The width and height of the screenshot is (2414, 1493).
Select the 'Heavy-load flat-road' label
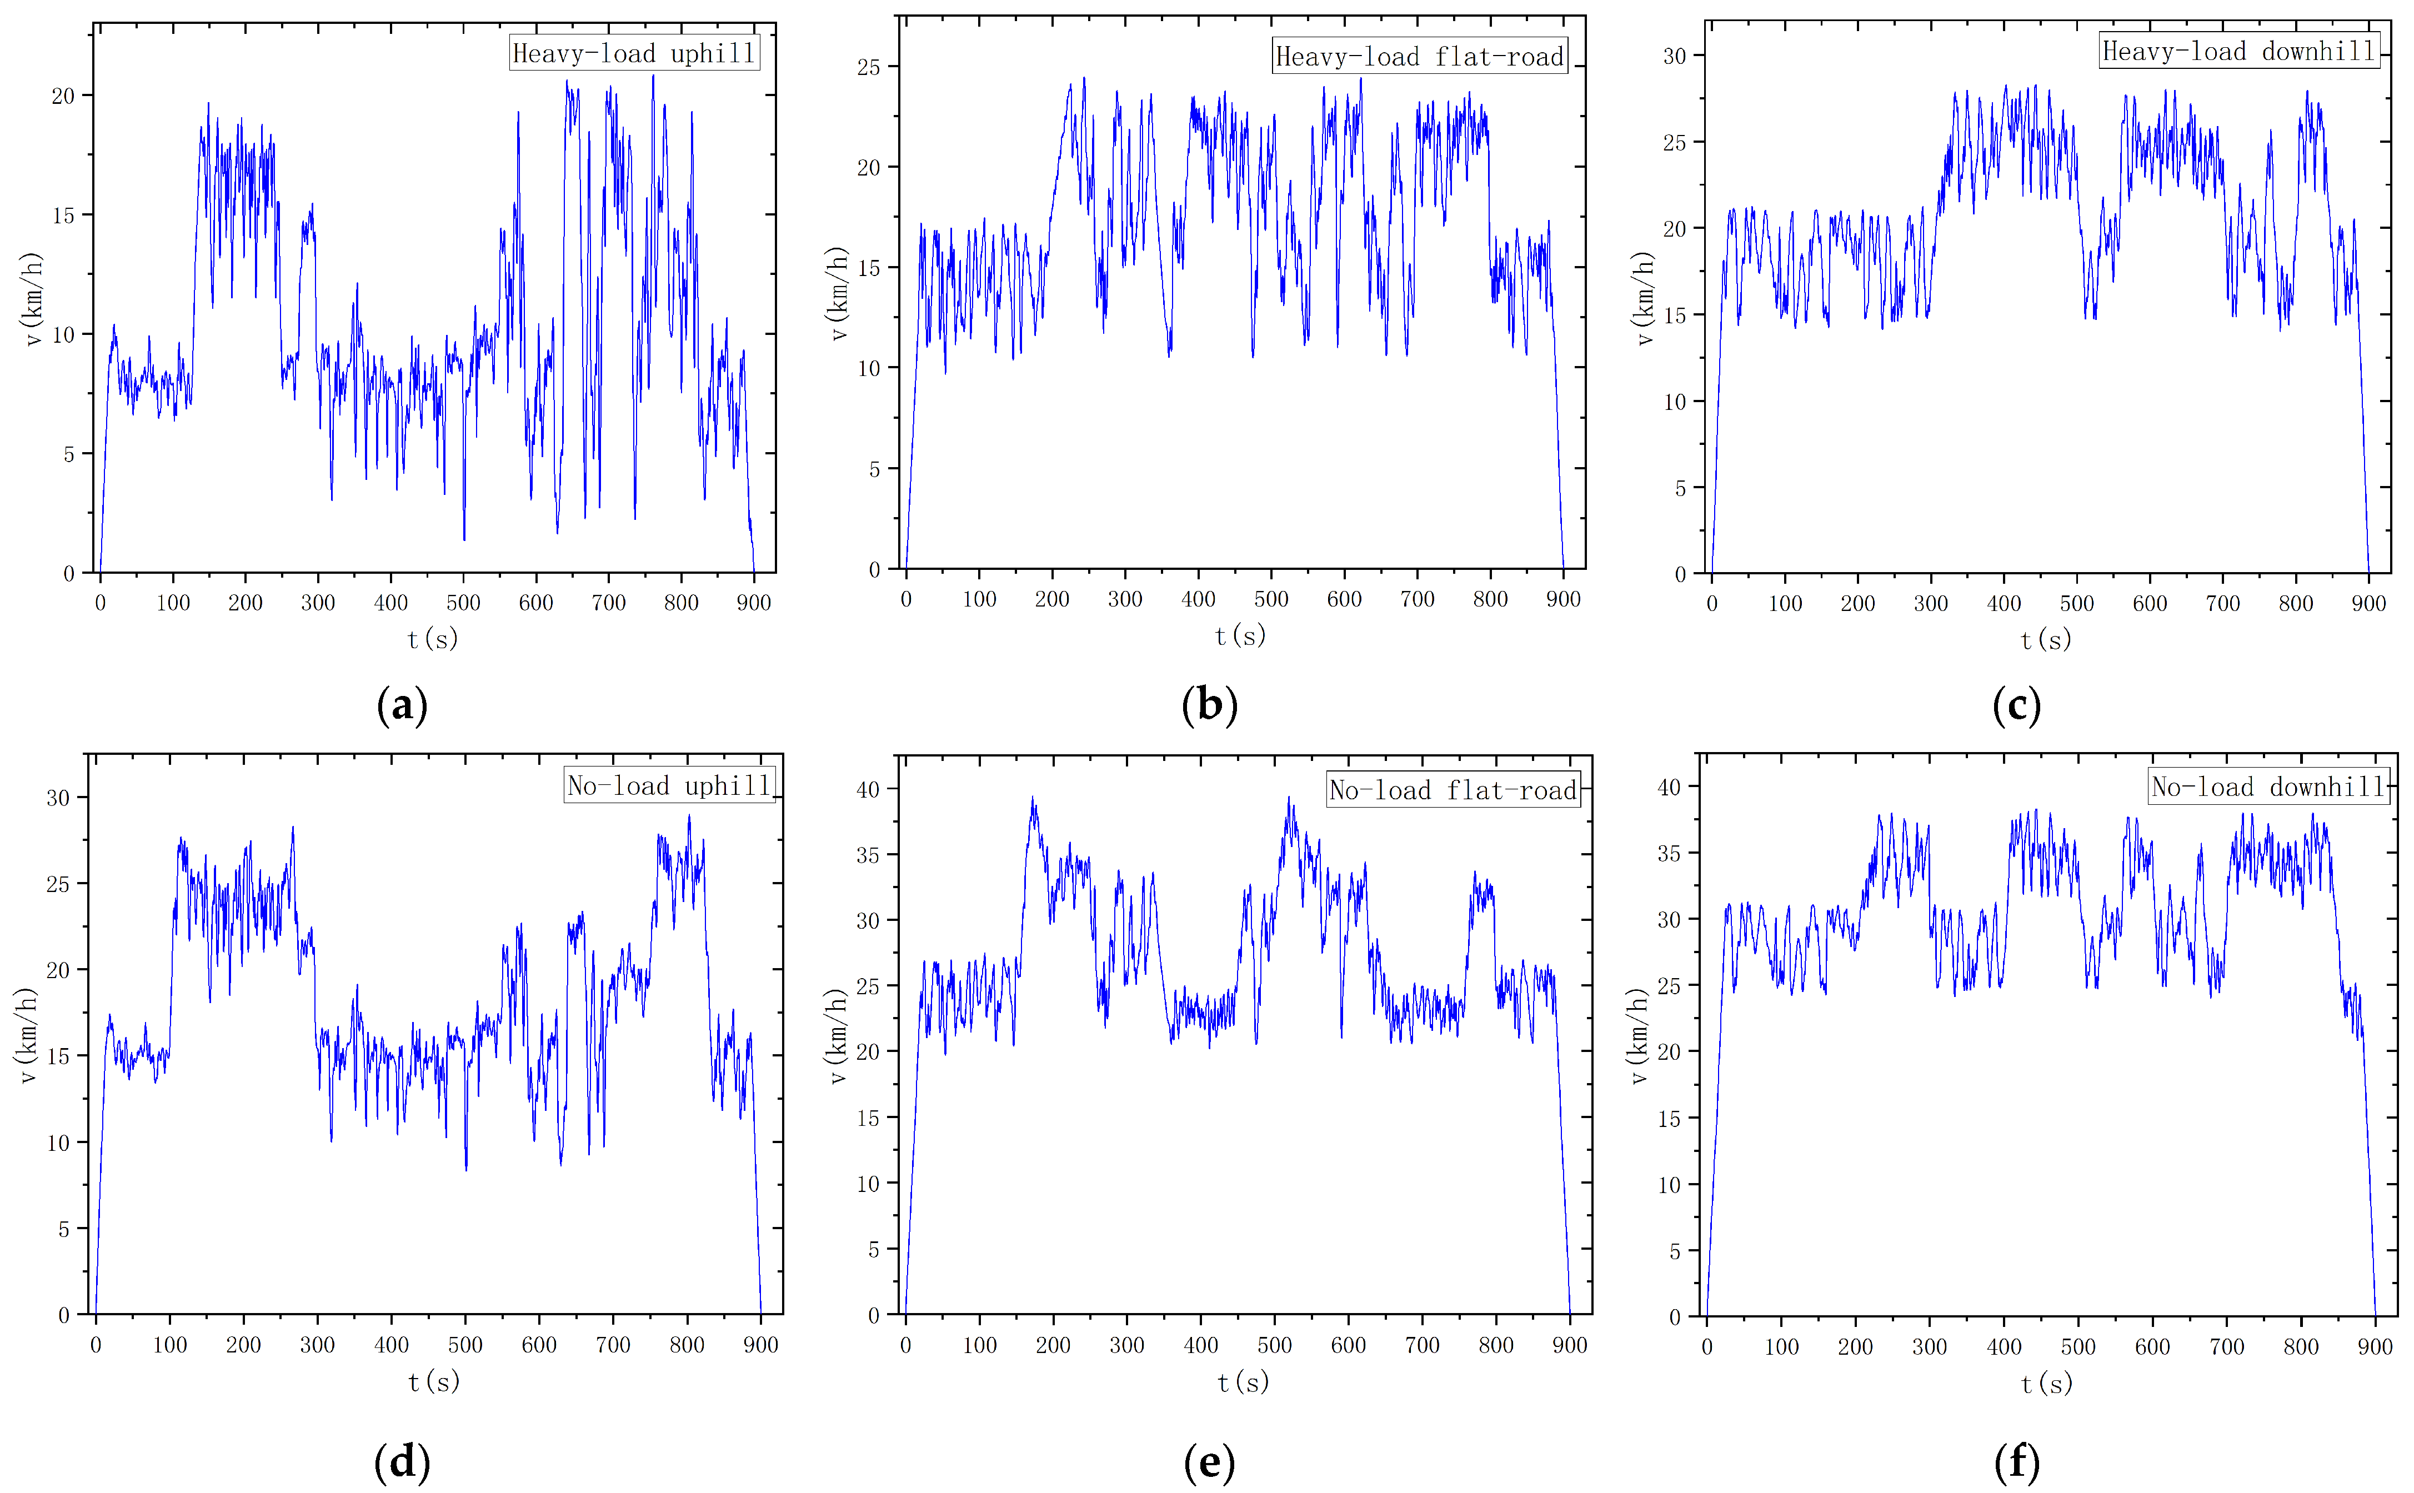(x=1420, y=56)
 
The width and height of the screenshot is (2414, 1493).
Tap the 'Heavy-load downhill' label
(x=2238, y=51)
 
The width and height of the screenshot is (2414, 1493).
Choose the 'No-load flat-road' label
(x=1453, y=790)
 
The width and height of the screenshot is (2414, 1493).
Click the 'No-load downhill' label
(x=2269, y=787)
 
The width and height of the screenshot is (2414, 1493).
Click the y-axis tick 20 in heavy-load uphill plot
(x=63, y=96)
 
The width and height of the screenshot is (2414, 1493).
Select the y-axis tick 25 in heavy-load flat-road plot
(x=869, y=67)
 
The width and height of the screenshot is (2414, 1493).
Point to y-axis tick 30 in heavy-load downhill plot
(x=1675, y=56)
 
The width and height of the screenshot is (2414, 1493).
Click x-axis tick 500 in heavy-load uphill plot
(x=463, y=602)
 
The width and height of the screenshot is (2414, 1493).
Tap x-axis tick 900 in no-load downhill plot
(x=2375, y=1347)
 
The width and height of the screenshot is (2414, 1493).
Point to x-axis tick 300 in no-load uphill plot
(x=317, y=1345)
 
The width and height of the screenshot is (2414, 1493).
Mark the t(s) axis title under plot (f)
(x=2046, y=1384)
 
